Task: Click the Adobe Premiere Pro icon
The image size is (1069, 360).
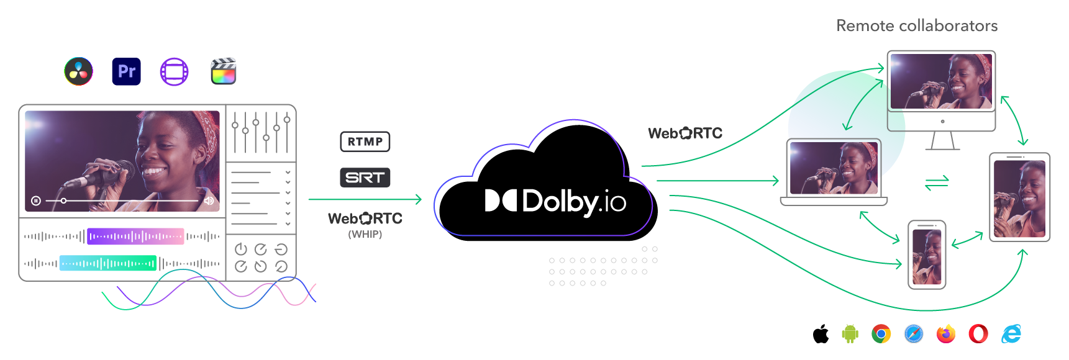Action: [x=126, y=71]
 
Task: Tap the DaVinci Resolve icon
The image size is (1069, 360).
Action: [x=79, y=71]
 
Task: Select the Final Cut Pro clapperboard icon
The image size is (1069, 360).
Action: [x=224, y=71]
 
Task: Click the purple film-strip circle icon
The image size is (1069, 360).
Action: [x=175, y=71]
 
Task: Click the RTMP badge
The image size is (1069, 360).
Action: [x=365, y=142]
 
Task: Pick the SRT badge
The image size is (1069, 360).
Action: [x=365, y=178]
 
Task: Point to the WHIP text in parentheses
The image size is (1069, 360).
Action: [x=365, y=234]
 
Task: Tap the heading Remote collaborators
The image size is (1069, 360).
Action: [x=917, y=25]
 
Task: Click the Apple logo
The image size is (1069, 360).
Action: [x=821, y=334]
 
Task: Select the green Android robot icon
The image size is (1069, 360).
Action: [x=850, y=334]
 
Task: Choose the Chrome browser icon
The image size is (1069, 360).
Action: [x=881, y=334]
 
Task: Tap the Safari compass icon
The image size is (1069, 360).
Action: [x=914, y=334]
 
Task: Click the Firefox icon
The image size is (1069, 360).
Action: [x=946, y=334]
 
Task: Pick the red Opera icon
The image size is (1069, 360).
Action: [x=978, y=334]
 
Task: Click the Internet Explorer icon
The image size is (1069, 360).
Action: [x=1012, y=334]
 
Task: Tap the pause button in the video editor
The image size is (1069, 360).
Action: [x=36, y=200]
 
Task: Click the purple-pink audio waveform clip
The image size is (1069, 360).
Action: [x=135, y=236]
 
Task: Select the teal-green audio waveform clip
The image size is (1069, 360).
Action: [x=107, y=263]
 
